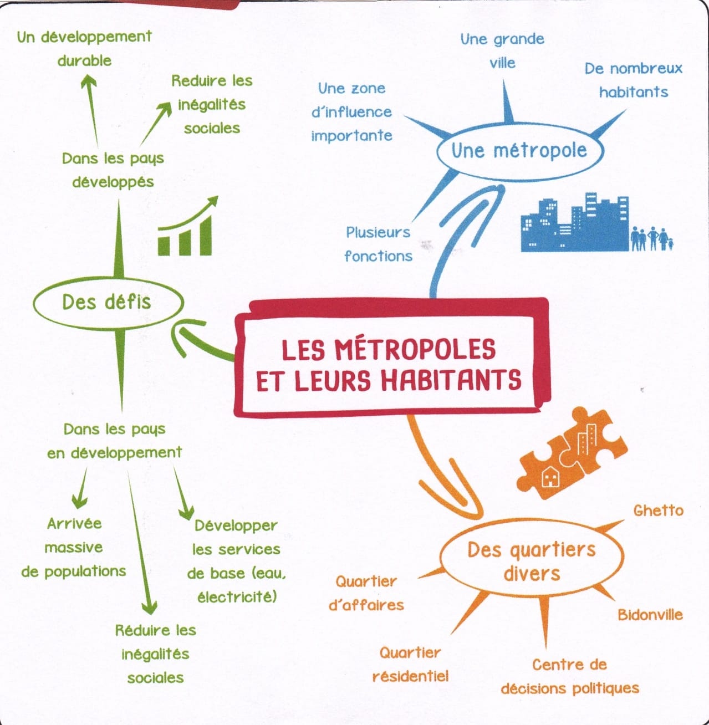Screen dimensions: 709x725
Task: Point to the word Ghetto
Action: (x=659, y=510)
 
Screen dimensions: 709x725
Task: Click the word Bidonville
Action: (x=650, y=615)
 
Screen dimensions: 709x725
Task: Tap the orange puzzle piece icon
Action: (x=572, y=452)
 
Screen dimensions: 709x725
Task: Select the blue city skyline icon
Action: (x=575, y=222)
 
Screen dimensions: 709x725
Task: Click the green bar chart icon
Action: (x=187, y=226)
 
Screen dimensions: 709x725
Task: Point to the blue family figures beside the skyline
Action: (x=652, y=238)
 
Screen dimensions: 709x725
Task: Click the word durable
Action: (x=84, y=60)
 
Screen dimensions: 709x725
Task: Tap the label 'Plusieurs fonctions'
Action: (x=378, y=244)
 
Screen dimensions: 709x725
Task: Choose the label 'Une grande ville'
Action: (x=502, y=50)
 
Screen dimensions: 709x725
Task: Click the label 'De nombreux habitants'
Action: (x=634, y=80)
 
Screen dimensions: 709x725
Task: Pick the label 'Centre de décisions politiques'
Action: (x=570, y=677)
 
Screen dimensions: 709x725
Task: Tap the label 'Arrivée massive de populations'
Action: (x=74, y=548)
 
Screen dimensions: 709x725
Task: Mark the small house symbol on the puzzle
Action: (x=550, y=477)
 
